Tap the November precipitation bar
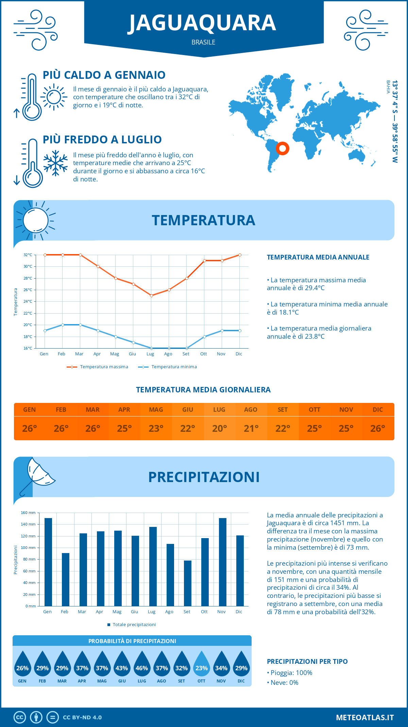click(222, 562)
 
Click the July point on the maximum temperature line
click(151, 296)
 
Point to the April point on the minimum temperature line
click(98, 331)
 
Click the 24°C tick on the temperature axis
click(28, 301)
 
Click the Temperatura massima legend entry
click(98, 367)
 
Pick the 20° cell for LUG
click(219, 428)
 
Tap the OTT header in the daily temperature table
click(314, 409)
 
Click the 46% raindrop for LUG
click(142, 665)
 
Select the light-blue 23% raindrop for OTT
click(202, 665)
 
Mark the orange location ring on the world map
click(282, 148)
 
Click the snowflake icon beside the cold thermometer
click(55, 163)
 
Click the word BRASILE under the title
click(203, 42)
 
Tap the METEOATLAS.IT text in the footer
click(365, 717)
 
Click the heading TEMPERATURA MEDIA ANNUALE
click(318, 257)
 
